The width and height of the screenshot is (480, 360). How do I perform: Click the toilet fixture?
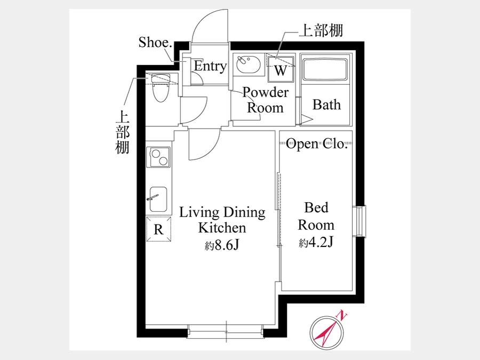click(161, 87)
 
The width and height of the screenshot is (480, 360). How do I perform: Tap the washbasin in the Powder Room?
click(248, 64)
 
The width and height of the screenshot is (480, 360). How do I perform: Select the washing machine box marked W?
click(281, 69)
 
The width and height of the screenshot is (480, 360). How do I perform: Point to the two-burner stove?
click(158, 157)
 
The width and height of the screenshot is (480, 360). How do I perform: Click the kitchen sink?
click(158, 199)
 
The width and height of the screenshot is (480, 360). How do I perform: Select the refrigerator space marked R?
click(158, 229)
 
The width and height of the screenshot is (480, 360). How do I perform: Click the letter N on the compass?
click(342, 315)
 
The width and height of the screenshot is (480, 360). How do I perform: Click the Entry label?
click(210, 66)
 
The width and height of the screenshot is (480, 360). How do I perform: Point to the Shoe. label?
click(155, 42)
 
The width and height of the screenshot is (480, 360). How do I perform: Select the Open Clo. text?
click(316, 143)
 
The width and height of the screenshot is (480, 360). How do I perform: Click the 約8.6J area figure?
click(222, 245)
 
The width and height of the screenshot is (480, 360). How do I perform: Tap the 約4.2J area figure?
click(316, 243)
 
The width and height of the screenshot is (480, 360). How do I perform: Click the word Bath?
click(326, 105)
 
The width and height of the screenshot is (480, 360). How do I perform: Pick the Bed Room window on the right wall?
click(359, 221)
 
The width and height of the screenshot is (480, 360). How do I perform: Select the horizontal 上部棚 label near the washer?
click(321, 30)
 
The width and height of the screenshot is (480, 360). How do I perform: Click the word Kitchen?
click(222, 228)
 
